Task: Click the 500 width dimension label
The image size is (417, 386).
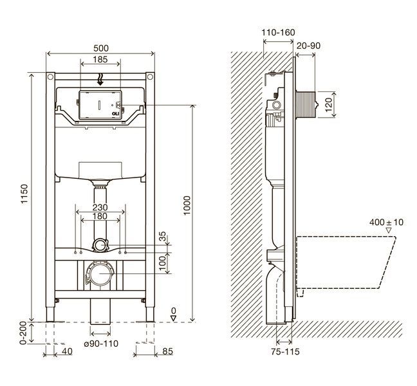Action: [x=101, y=48]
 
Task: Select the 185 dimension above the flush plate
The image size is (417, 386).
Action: [x=100, y=60]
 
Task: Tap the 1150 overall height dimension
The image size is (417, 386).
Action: [x=24, y=194]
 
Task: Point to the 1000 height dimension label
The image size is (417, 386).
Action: [x=187, y=205]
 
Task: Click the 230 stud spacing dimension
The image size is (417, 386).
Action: [x=100, y=207]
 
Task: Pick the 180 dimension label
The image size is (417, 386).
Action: [x=100, y=216]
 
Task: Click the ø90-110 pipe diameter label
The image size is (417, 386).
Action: [x=101, y=344]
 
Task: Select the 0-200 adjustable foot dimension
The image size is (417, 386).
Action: [x=23, y=333]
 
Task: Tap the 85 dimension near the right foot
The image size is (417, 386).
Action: [x=167, y=351]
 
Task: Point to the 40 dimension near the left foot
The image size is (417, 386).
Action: [x=67, y=351]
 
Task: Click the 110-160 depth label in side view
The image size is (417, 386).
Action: [x=278, y=32]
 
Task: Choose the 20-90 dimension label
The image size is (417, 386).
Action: [x=308, y=46]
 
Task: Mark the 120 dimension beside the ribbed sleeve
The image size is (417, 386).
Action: [x=329, y=104]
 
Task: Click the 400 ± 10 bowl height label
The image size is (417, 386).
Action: [x=386, y=222]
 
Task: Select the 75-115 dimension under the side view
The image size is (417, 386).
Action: [x=285, y=352]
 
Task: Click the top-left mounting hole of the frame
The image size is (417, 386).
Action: [x=50, y=77]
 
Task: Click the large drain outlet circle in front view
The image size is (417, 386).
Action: [x=100, y=273]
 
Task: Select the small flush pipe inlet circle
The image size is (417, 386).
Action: [x=100, y=245]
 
